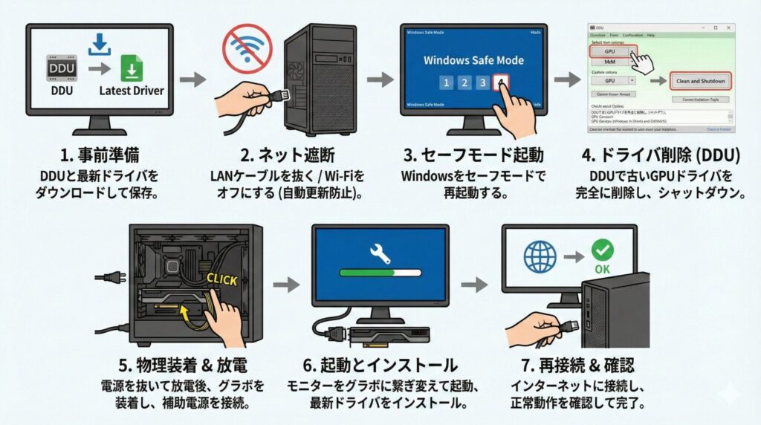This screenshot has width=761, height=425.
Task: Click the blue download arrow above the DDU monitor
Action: [98, 43]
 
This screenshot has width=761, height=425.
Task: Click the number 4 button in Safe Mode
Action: [502, 82]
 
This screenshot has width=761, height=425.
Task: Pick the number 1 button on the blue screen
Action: [445, 82]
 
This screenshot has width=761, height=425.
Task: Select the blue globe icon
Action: [540, 257]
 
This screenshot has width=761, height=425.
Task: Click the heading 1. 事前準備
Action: [99, 156]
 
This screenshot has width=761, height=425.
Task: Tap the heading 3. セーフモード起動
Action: [473, 156]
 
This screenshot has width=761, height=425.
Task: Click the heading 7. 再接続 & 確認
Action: [569, 366]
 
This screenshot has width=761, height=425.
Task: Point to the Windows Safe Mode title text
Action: [473, 59]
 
